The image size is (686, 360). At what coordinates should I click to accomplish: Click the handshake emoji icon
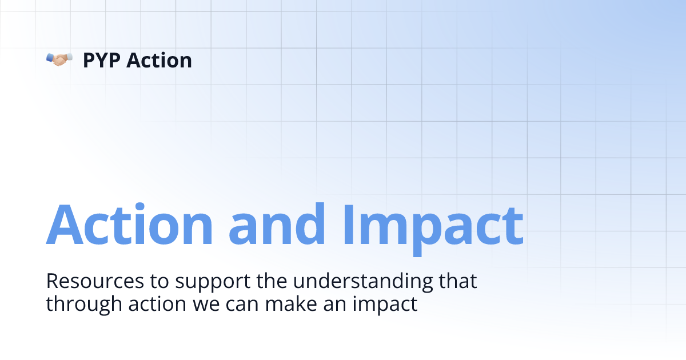click(x=59, y=59)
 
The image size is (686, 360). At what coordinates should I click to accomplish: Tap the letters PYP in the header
click(x=101, y=60)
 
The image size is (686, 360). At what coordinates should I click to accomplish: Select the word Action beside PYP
click(x=159, y=60)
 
